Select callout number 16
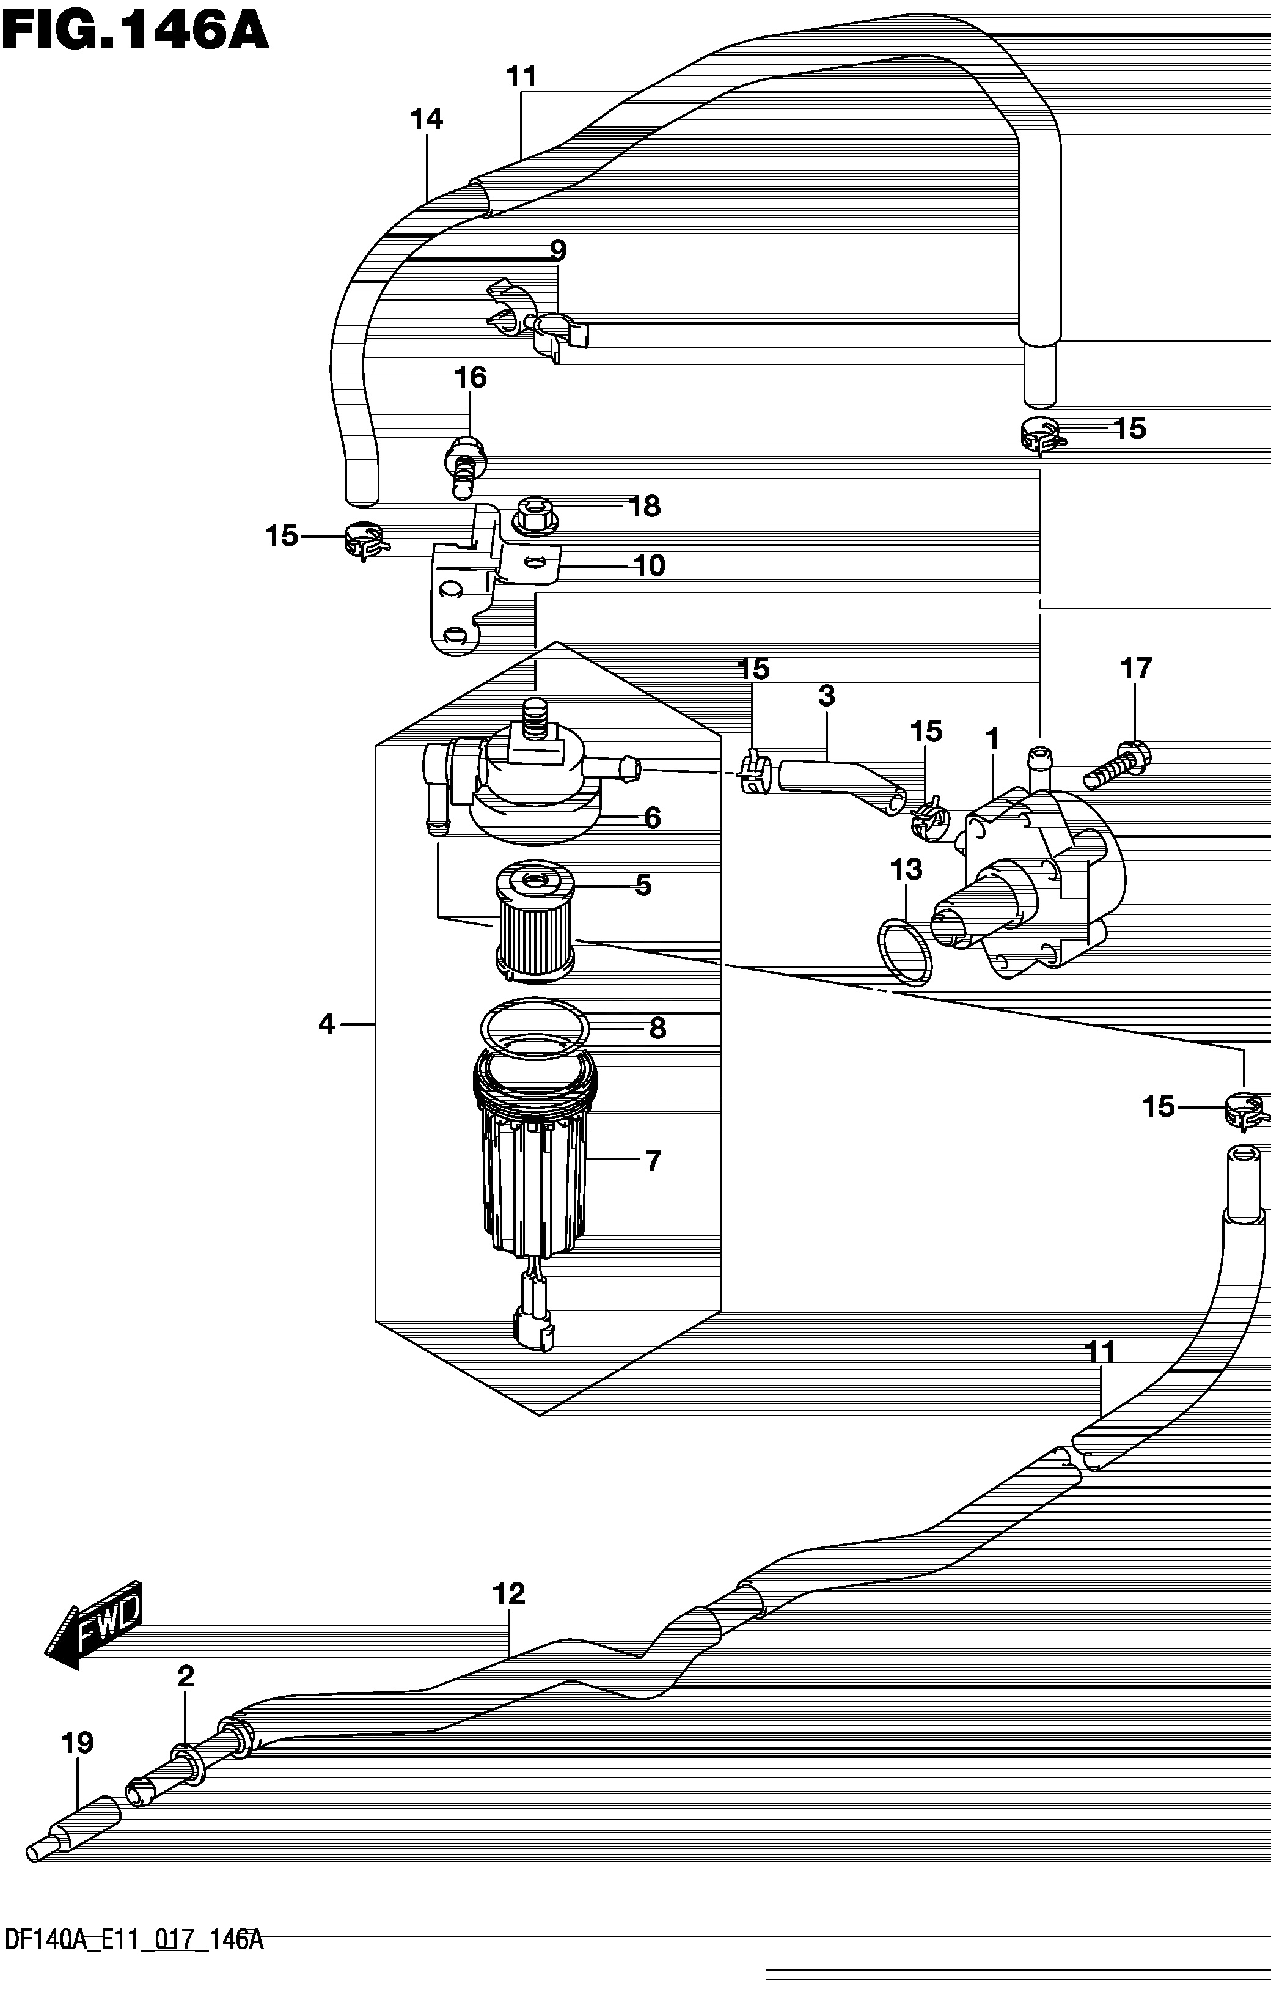click(x=470, y=378)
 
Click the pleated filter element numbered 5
click(x=535, y=920)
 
